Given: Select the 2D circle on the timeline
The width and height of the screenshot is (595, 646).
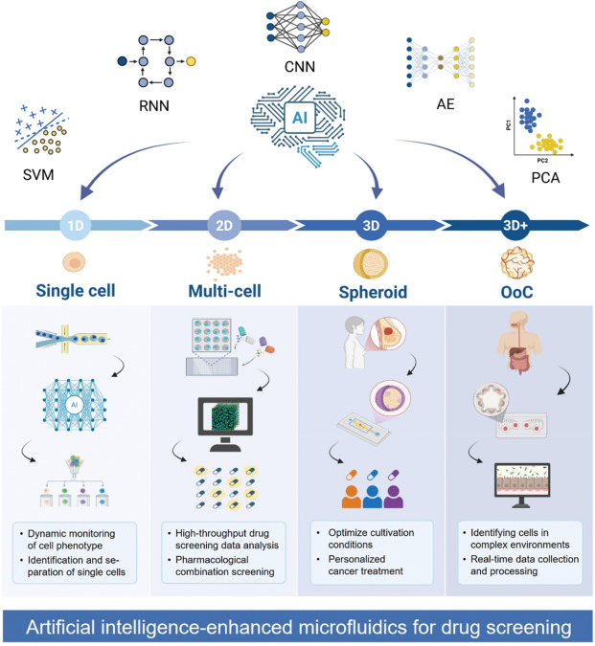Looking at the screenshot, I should (220, 226).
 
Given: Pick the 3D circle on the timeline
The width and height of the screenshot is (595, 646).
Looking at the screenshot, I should (370, 226).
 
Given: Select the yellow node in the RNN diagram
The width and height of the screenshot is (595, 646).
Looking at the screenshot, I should (192, 61).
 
